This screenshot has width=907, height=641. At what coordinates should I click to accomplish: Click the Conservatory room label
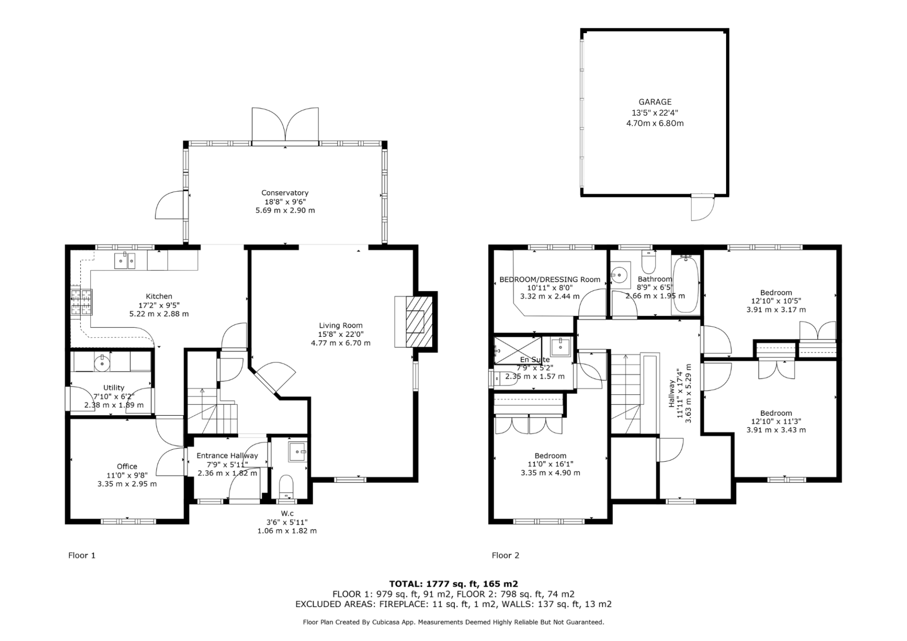pos(285,193)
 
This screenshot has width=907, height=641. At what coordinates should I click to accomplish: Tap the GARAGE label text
pos(655,102)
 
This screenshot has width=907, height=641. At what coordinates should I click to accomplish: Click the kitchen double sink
pos(125,261)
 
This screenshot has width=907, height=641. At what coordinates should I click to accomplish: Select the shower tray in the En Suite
pos(518,350)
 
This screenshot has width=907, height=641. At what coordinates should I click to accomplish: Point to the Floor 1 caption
pos(82,555)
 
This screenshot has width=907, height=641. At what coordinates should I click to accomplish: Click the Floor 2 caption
pos(505,555)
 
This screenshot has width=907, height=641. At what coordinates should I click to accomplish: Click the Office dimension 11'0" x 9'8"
pos(127,475)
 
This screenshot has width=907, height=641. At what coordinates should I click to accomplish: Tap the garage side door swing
pos(702,208)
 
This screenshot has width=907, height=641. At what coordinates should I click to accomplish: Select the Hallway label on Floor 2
pos(671,393)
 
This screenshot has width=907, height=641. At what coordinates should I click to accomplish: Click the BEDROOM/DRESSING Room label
pos(550,280)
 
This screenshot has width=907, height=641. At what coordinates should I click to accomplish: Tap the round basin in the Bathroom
pos(618,274)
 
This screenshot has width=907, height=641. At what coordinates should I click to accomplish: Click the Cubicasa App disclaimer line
pos(453,622)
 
